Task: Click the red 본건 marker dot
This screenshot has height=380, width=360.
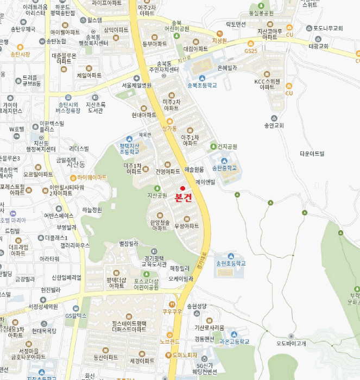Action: click(182, 188)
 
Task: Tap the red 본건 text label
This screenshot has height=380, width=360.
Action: click(182, 198)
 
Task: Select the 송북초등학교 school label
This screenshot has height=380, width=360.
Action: click(201, 85)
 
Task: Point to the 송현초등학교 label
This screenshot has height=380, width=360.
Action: click(231, 263)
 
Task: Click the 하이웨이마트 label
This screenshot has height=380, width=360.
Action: click(92, 178)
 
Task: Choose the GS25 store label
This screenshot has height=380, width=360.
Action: click(250, 50)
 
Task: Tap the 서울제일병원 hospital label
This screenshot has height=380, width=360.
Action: click(136, 85)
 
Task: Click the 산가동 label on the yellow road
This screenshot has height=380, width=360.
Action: click(169, 128)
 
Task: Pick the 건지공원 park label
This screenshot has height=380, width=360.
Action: click(228, 147)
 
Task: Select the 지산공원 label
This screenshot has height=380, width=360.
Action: click(157, 195)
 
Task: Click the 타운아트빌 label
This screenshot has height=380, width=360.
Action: click(311, 154)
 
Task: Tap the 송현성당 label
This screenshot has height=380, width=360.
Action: click(197, 306)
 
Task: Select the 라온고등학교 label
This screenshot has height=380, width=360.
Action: click(235, 341)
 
